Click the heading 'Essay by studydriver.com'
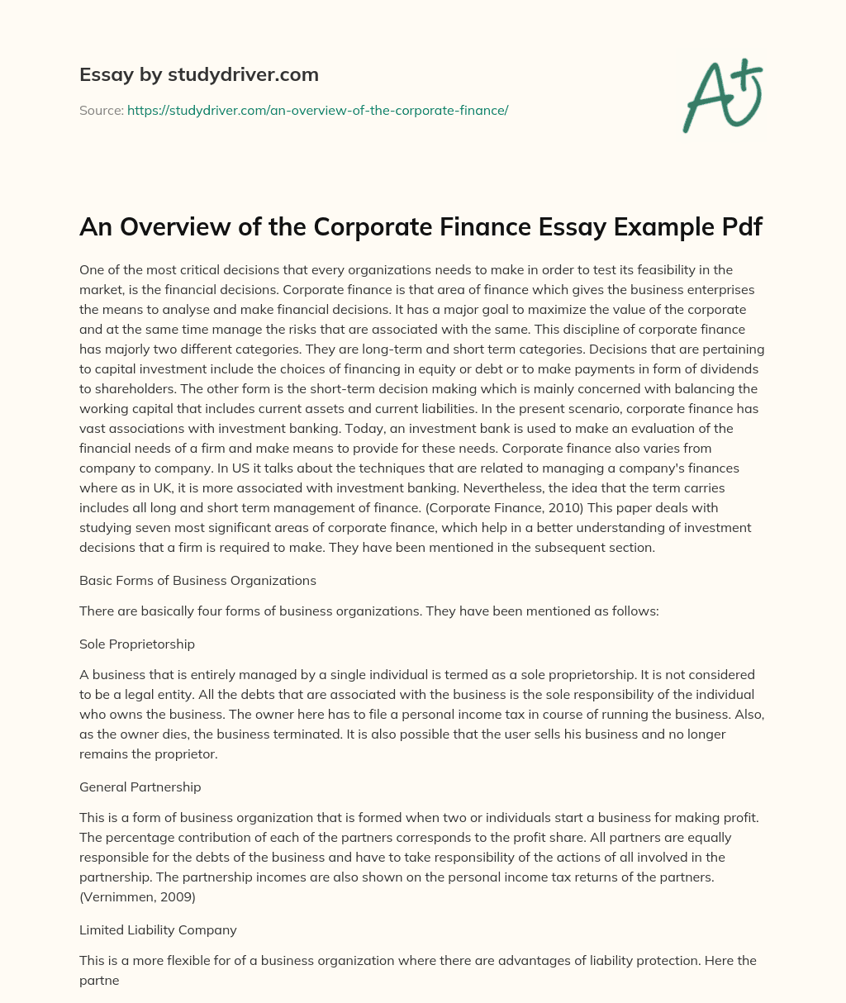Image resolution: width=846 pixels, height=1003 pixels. click(x=199, y=75)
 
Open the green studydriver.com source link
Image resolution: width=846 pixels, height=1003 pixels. click(x=317, y=110)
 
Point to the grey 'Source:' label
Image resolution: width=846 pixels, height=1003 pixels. click(x=102, y=110)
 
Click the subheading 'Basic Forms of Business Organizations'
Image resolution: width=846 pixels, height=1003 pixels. click(x=197, y=580)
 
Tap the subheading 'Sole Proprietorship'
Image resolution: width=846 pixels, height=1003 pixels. click(x=137, y=643)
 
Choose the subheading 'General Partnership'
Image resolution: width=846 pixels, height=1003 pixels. click(x=140, y=787)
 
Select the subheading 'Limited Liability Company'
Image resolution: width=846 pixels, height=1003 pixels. click(x=158, y=929)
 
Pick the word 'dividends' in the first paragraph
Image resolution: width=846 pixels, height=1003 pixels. click(x=719, y=368)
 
